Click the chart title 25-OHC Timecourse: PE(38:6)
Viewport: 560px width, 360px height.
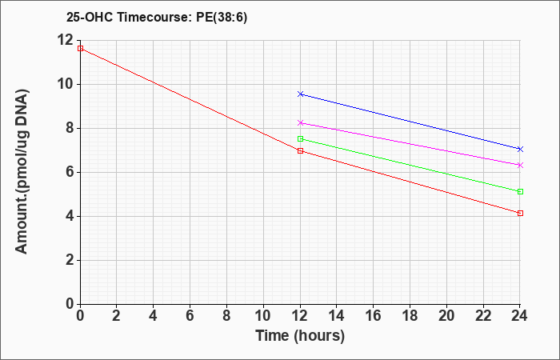[157, 17]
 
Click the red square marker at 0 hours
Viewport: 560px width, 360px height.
[80, 48]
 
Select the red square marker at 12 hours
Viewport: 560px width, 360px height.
[300, 150]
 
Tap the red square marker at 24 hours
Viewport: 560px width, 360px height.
[520, 214]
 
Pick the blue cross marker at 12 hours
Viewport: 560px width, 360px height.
[300, 94]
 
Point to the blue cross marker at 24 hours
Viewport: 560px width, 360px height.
[520, 149]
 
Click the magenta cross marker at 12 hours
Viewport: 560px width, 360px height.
[300, 122]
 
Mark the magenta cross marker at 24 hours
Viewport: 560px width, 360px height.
[520, 165]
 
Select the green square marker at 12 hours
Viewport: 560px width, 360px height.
[300, 138]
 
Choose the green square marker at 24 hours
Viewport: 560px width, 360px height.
[520, 191]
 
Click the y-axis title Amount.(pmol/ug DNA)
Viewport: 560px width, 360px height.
[22, 171]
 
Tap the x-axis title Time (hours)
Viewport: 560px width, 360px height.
[300, 336]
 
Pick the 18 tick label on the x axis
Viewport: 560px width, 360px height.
[410, 316]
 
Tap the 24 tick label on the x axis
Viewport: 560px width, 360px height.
[520, 316]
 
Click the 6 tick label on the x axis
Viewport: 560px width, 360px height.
[190, 316]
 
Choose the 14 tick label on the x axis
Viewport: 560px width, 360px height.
[337, 316]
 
